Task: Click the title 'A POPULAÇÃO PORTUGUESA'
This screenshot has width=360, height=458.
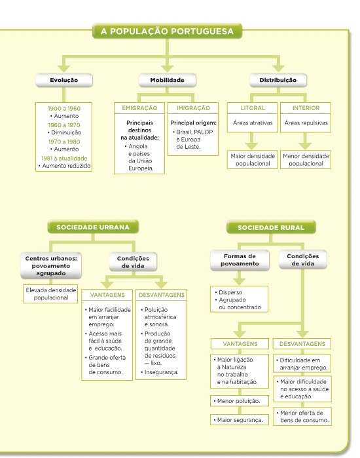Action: click(x=167, y=31)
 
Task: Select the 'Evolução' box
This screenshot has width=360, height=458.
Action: click(x=64, y=80)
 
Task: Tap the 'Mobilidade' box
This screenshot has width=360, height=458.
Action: click(x=167, y=80)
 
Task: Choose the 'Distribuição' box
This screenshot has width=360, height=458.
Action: click(x=278, y=80)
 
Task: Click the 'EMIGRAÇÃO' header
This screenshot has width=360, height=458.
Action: click(x=139, y=108)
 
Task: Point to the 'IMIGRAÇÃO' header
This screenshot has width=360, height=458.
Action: click(x=193, y=108)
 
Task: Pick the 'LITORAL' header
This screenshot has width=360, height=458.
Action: click(x=253, y=108)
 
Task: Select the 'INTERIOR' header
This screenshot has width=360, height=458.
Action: click(x=306, y=108)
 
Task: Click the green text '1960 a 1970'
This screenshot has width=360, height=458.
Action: click(x=64, y=125)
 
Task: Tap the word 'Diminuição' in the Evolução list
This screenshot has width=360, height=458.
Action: click(x=66, y=132)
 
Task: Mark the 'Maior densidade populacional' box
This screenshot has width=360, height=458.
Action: click(x=253, y=159)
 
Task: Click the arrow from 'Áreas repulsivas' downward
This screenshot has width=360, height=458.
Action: click(x=305, y=141)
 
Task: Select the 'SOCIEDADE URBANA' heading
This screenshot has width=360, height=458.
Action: click(x=93, y=227)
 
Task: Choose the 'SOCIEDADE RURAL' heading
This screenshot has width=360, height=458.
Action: click(x=271, y=227)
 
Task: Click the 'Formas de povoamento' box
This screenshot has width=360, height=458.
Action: click(x=240, y=259)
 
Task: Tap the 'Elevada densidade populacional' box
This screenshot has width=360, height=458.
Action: click(x=51, y=294)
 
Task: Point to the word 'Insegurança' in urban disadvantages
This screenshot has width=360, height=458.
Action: click(x=161, y=372)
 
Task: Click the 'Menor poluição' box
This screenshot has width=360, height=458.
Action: click(x=239, y=401)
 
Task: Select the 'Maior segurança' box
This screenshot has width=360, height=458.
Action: click(x=239, y=420)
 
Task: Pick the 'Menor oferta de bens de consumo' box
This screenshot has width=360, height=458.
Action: click(x=302, y=417)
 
